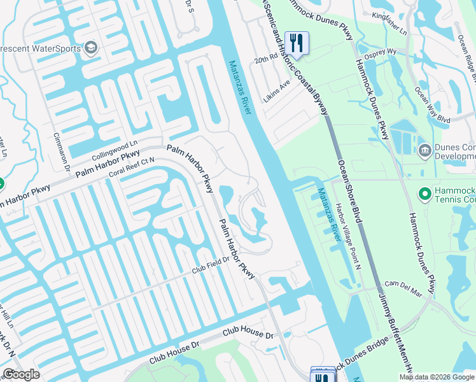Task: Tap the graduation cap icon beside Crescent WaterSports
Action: (x=90, y=48)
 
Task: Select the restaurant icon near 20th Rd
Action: (x=297, y=43)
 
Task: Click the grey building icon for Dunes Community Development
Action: (x=424, y=150)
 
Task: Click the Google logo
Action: (x=20, y=374)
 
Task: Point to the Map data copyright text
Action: (x=437, y=377)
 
